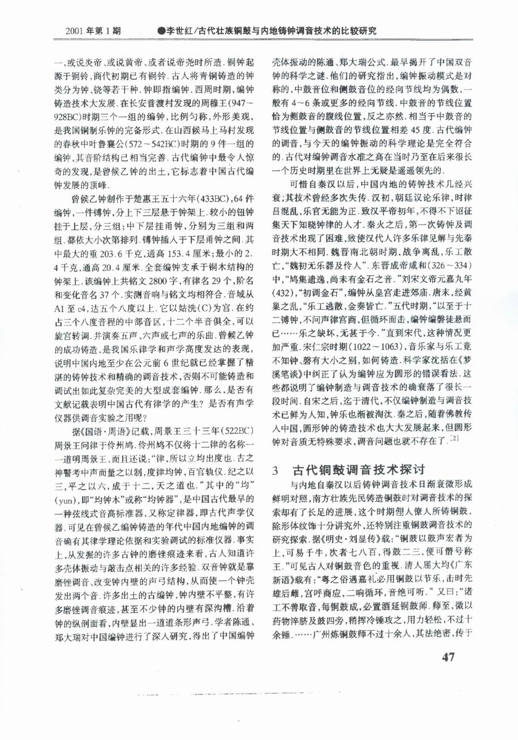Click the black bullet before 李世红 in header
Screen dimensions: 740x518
162,30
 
